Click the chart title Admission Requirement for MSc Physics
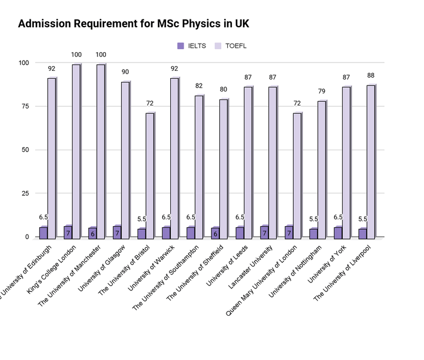click(133, 24)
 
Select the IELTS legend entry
click(193, 46)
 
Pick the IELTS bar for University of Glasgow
click(117, 232)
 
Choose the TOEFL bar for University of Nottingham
click(322, 169)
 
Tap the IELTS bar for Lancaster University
click(264, 232)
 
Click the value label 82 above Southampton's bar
click(199, 86)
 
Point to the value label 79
click(322, 92)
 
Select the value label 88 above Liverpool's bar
click(371, 76)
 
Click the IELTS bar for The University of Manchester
click(92, 232)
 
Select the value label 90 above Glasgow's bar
click(125, 72)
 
